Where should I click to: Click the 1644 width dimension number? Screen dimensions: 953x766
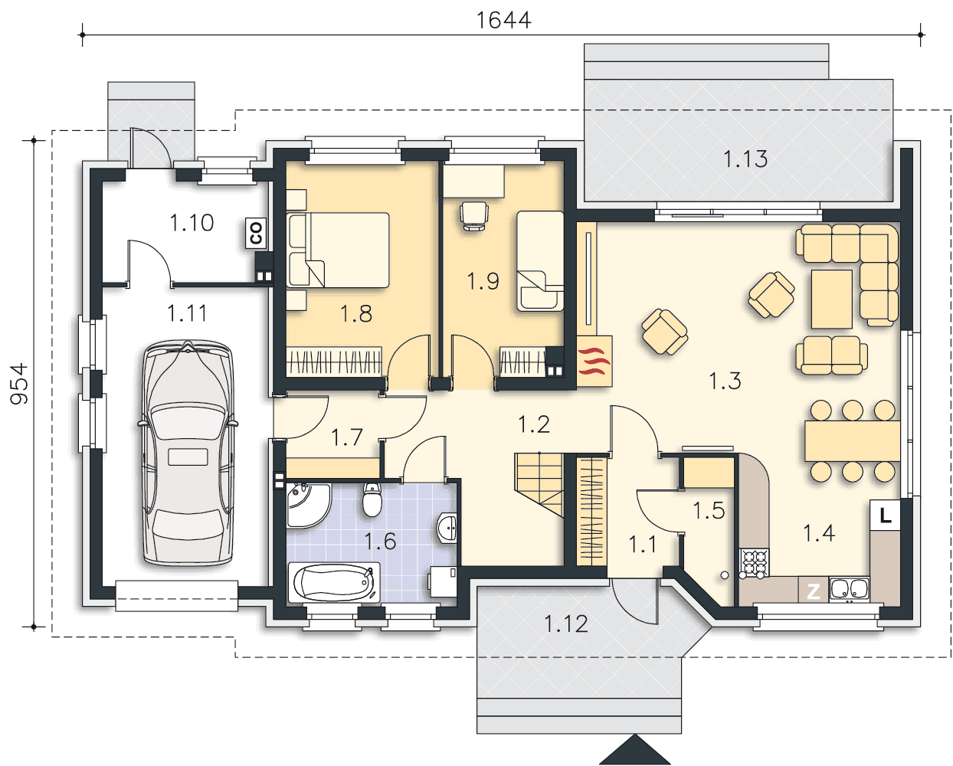click(x=503, y=21)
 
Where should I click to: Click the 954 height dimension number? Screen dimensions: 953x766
click(x=19, y=384)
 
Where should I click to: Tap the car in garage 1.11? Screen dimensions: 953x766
click(x=188, y=453)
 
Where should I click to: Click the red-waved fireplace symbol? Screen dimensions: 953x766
click(x=594, y=361)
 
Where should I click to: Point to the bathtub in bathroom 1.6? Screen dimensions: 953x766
click(x=334, y=583)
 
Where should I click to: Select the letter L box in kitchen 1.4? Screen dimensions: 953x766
click(x=885, y=515)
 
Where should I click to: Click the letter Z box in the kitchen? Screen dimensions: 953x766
click(x=813, y=591)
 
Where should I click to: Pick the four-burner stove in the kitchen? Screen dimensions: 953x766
click(x=754, y=563)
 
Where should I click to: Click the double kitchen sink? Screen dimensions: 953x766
click(x=849, y=589)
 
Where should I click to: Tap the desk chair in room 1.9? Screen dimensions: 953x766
click(x=474, y=216)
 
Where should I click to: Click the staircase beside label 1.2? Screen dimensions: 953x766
click(x=539, y=484)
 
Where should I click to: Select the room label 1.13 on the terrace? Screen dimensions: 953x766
click(x=745, y=159)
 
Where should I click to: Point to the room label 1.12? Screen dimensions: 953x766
click(x=566, y=624)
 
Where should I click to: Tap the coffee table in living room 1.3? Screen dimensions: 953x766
click(x=832, y=300)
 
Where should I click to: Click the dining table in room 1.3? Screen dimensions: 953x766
click(x=853, y=441)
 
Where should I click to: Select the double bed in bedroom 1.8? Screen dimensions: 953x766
click(x=339, y=250)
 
